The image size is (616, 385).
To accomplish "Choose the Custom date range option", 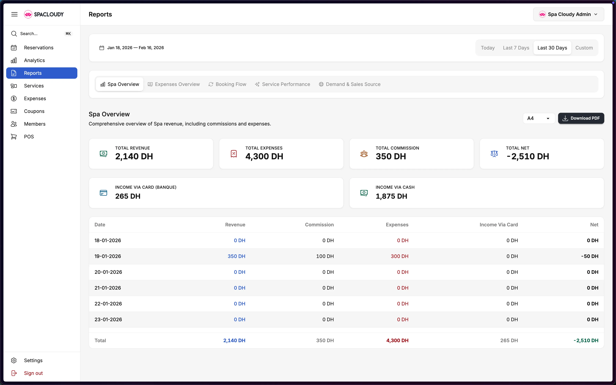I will pos(584,48).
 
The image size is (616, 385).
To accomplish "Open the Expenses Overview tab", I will pos(174,84).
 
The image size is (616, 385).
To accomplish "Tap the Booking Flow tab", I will pos(227,84).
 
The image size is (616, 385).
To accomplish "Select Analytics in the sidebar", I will pos(34,60).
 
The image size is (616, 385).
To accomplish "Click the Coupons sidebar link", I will pos(34,111).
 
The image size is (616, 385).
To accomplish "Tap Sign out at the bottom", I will pos(33,373).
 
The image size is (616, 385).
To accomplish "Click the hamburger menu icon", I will pos(14,14).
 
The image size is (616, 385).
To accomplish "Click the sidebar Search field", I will pos(41,34).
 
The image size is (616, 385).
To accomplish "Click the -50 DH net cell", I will pos(590,256).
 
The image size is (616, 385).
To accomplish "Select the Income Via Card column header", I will pos(498,225).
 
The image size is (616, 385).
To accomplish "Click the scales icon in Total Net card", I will pos(494,154).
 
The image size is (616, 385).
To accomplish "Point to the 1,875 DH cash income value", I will pos(391,196).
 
